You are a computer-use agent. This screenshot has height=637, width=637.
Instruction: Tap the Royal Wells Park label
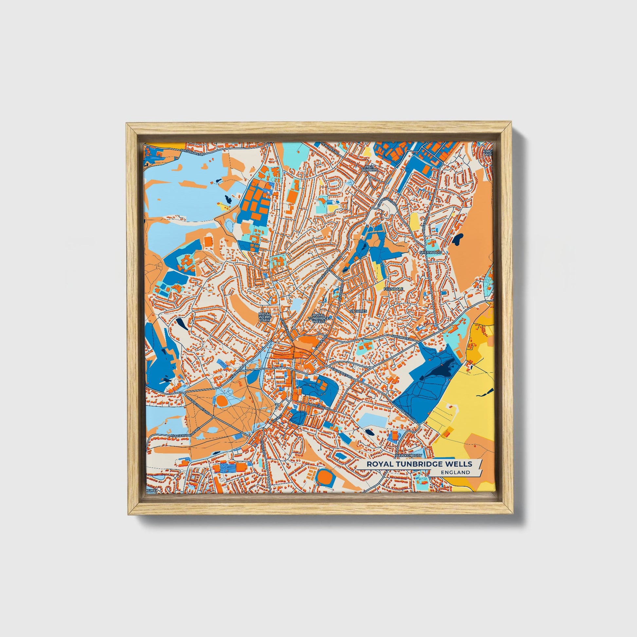[x=264, y=317]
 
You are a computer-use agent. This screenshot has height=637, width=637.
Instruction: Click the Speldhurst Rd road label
[x=193, y=152]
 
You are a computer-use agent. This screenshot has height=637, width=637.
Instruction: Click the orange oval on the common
[x=222, y=401]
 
